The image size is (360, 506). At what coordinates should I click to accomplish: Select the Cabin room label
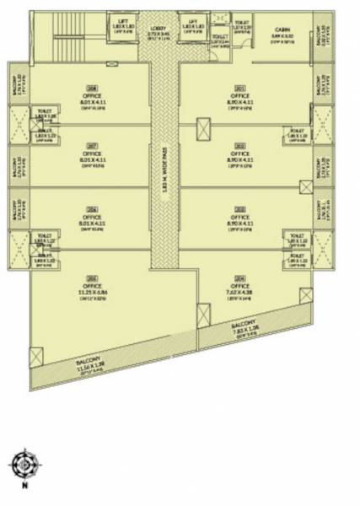[281, 34]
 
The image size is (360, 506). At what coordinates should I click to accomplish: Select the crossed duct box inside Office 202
[204, 129]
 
